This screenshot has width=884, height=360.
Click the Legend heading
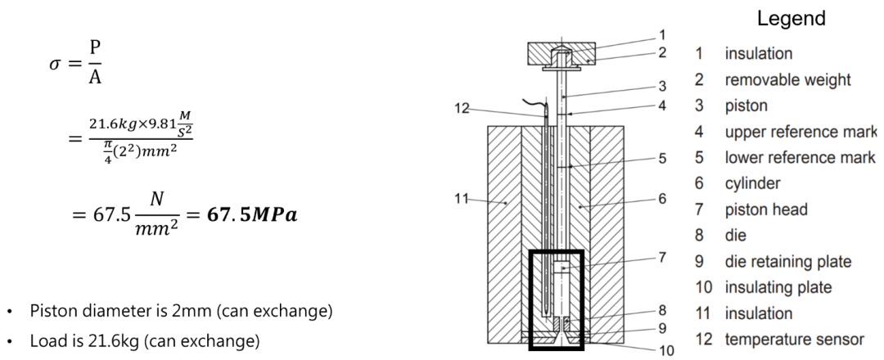pos(791,18)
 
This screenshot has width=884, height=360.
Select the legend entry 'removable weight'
pos(787,79)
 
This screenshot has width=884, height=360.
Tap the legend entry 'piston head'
pos(766,209)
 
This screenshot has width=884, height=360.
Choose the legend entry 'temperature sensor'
pos(794,339)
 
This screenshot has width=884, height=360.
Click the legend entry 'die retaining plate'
pos(787,261)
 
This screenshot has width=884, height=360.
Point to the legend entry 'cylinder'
pos(752,183)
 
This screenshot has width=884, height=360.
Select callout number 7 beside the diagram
pos(663,257)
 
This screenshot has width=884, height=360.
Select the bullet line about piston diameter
pos(180,312)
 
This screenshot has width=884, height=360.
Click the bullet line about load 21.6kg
pos(144,340)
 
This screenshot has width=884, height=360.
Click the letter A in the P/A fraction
pos(95,77)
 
